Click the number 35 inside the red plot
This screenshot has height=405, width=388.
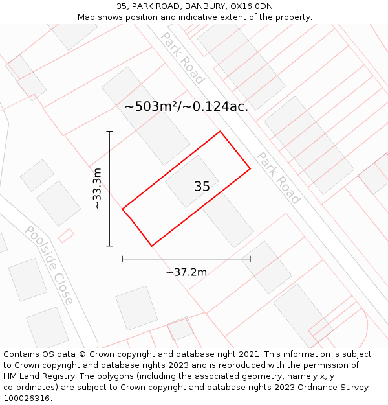click(x=202, y=187)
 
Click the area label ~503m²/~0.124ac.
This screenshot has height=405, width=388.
click(x=186, y=106)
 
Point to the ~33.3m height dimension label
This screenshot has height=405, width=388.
click(x=97, y=188)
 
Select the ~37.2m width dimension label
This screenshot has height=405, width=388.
click(x=186, y=272)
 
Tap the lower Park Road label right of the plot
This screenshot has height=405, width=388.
click(x=279, y=178)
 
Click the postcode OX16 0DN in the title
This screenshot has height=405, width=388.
click(x=252, y=6)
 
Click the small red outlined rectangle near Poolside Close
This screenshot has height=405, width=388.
click(x=66, y=235)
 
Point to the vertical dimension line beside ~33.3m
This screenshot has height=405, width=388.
click(x=109, y=188)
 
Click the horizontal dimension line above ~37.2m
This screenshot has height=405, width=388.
click(x=186, y=259)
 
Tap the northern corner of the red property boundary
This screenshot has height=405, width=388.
click(x=221, y=132)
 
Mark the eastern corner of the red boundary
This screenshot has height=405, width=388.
click(x=250, y=170)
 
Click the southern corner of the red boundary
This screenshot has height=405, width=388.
click(x=152, y=246)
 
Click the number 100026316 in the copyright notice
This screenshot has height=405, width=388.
click(x=27, y=398)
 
